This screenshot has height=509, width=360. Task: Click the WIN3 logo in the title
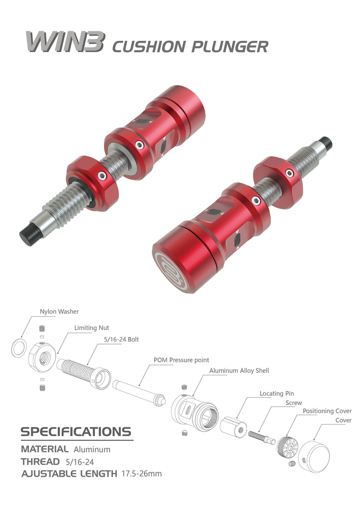pos(65,42)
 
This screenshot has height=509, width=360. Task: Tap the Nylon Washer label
pos(59,312)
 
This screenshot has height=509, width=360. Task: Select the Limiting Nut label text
pos(91,328)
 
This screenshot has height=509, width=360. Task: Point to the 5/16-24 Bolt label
pos(121,339)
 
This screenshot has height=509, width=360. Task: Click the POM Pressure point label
pos(181,360)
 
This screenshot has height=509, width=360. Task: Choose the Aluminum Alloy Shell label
pos(239,371)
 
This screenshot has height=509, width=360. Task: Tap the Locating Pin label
pos(276,394)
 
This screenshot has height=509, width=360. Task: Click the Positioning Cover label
pos(327,411)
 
